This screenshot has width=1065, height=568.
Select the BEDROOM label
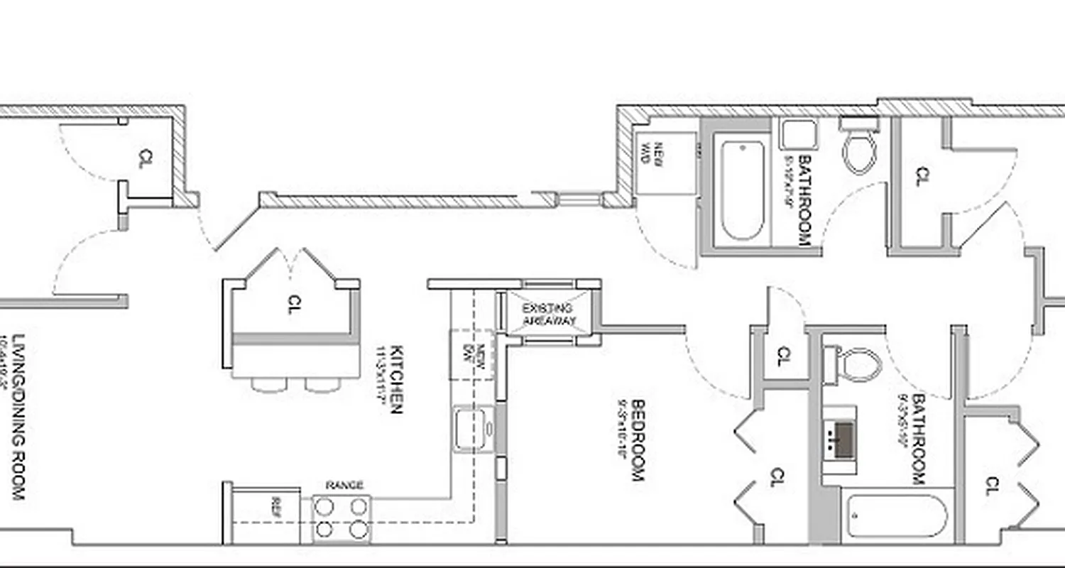click(638, 441)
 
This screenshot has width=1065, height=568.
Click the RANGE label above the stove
click(344, 486)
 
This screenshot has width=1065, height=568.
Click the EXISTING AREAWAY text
click(547, 314)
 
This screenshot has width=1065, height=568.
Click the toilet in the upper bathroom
click(860, 151)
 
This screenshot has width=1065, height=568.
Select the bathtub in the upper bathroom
click(742, 190)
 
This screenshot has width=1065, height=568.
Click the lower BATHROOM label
click(920, 439)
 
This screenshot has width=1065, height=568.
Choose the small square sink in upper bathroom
click(799, 135)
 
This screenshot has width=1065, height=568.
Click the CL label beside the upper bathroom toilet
click(922, 175)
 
